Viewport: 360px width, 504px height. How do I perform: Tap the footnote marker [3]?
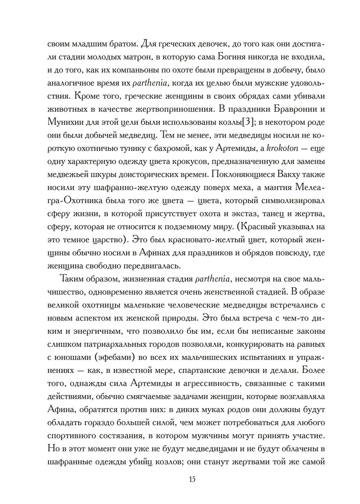click(x=248, y=122)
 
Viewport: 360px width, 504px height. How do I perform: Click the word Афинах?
click(x=152, y=253)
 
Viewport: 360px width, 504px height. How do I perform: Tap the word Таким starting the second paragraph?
click(x=74, y=279)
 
